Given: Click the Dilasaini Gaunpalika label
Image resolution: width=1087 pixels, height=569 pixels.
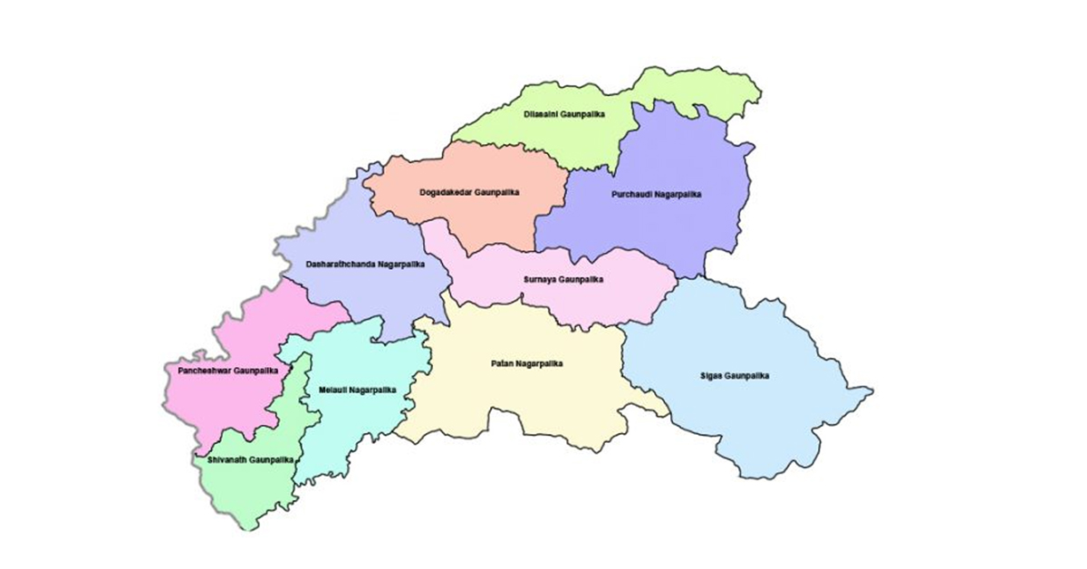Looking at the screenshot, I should pos(564,115).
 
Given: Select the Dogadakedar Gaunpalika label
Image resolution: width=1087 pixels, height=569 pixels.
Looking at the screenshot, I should pos(469,192).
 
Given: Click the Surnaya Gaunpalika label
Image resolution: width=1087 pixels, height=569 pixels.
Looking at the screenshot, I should pos(563,280).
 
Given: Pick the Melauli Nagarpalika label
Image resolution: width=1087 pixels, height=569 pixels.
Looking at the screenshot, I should pos(358,390).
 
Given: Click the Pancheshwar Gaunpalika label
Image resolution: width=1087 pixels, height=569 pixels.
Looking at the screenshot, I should pos(223,371).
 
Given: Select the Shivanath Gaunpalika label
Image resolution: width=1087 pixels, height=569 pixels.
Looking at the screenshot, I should pos(250,460).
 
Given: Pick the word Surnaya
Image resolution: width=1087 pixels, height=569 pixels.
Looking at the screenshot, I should pos(540,280).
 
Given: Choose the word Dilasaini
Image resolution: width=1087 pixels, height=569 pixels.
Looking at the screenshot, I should pos(542,115).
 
